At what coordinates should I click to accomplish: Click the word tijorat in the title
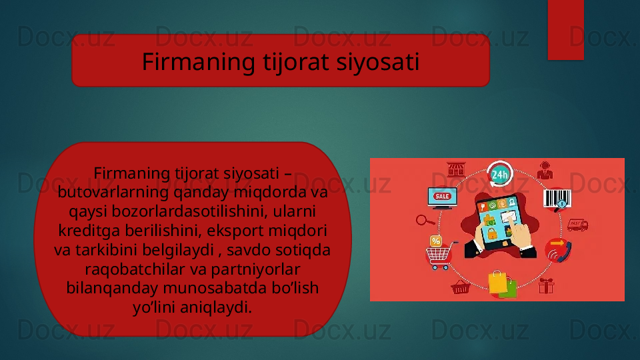(295, 62)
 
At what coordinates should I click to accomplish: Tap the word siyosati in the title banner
(378, 61)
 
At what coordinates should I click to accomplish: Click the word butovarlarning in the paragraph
(113, 192)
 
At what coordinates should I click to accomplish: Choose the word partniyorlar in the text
(256, 269)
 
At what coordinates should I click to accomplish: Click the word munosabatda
(215, 288)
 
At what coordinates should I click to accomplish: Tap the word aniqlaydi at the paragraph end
(216, 307)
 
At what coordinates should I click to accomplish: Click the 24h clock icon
(499, 174)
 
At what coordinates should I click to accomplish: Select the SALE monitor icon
(442, 198)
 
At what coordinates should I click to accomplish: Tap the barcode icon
(557, 200)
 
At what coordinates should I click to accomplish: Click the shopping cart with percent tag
(439, 253)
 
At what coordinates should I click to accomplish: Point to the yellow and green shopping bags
(502, 284)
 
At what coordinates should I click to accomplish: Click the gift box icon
(546, 286)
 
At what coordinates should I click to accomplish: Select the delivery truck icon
(577, 225)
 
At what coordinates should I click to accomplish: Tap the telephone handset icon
(559, 250)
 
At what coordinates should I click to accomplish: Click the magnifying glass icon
(425, 221)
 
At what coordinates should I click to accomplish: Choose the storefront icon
(456, 169)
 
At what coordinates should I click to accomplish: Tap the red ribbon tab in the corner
(566, 30)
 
